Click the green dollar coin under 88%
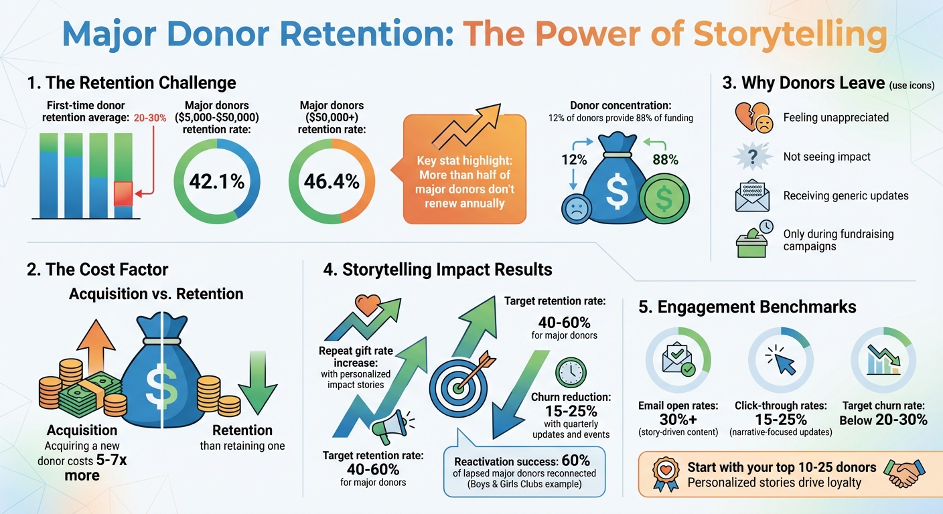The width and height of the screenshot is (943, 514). point(663,199)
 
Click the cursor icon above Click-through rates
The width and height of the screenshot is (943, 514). point(780,360)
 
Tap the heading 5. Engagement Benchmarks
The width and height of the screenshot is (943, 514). point(747,307)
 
